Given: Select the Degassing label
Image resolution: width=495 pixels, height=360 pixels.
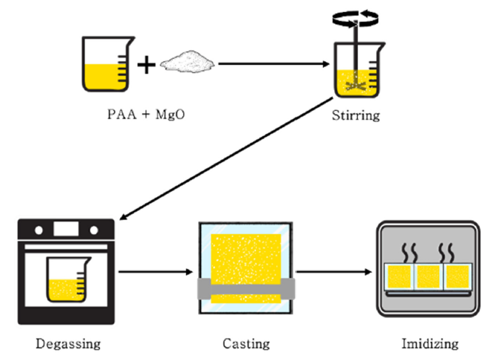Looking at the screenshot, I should pyautogui.click(x=67, y=344).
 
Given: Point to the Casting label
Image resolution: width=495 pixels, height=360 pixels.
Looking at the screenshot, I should pyautogui.click(x=246, y=344).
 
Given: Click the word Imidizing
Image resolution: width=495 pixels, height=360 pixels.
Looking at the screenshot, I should pyautogui.click(x=430, y=344).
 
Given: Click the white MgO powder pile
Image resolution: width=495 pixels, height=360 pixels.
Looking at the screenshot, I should pyautogui.click(x=188, y=63).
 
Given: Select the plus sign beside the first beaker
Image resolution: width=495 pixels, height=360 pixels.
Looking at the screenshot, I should pyautogui.click(x=146, y=64).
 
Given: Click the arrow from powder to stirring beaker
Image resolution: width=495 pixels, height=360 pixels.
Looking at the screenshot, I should pyautogui.click(x=273, y=64).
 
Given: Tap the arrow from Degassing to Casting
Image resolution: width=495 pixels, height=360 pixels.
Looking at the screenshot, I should pyautogui.click(x=155, y=272).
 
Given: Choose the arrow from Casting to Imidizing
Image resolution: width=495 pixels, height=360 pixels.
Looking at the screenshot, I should pyautogui.click(x=333, y=272).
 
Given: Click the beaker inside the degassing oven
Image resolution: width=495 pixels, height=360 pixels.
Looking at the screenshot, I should pyautogui.click(x=66, y=279).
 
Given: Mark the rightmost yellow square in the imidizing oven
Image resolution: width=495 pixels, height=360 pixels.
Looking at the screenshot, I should pyautogui.click(x=457, y=277).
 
